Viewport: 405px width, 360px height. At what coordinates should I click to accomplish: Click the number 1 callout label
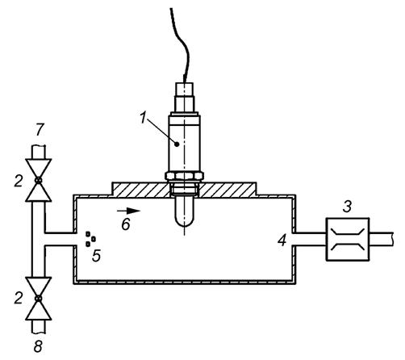144,118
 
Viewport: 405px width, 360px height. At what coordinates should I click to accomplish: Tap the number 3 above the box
347,207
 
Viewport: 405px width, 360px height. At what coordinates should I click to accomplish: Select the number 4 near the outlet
282,241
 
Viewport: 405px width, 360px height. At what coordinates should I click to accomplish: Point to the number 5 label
96,256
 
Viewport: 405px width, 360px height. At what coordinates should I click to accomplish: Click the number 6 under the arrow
126,224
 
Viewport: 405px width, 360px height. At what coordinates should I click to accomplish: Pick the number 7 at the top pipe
40,130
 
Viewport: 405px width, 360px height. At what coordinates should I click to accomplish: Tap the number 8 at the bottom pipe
38,346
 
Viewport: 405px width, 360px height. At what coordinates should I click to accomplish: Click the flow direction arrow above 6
129,211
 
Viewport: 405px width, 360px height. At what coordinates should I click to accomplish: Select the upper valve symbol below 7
39,180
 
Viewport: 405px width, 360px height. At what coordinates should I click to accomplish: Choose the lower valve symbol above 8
39,299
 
